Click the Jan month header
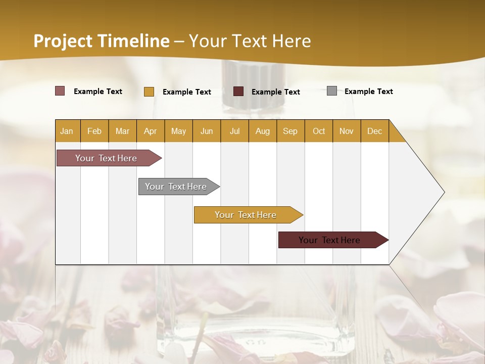coord(67,131)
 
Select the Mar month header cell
coord(122,131)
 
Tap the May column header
coord(178,131)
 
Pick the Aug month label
coord(263,131)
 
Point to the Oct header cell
coord(319,131)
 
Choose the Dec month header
coord(374,131)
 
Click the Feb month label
coord(94,131)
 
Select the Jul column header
coord(234,131)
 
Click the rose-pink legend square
coord(60,91)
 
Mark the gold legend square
coord(149,92)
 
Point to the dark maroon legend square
coord(238,92)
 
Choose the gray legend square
coord(332,91)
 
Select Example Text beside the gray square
coord(368,92)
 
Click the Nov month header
coord(347,131)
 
